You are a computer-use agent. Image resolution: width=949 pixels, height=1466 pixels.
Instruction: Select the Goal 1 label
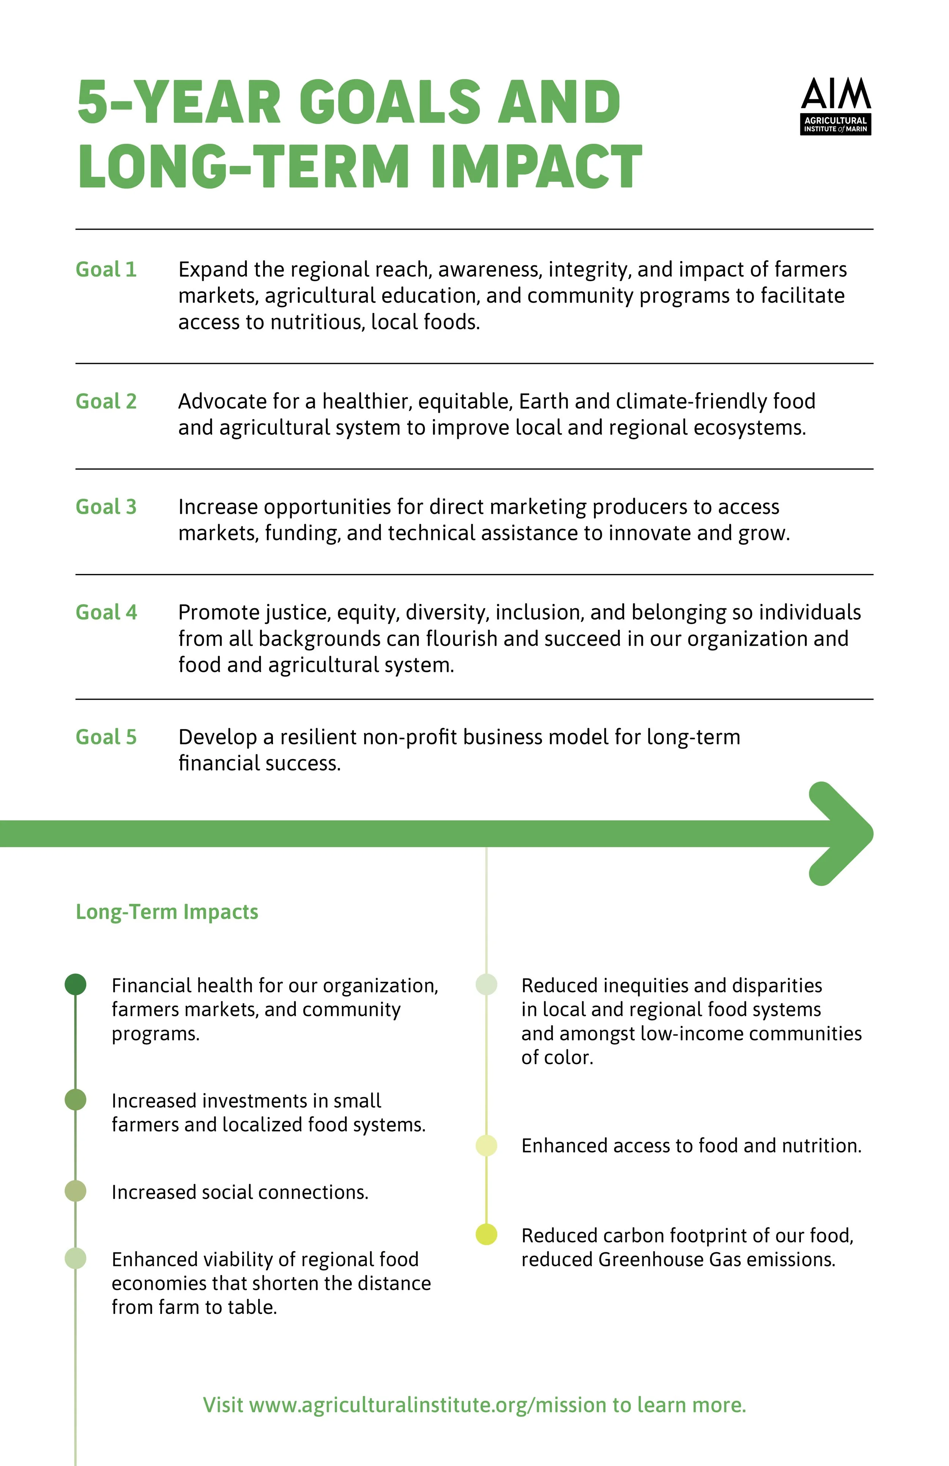[106, 270]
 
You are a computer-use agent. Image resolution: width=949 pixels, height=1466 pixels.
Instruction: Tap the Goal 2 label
[106, 402]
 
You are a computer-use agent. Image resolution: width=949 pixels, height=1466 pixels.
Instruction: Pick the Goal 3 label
[106, 507]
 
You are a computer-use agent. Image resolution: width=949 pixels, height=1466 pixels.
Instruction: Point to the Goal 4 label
[106, 612]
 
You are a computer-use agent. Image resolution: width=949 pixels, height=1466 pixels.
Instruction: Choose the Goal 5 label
[106, 737]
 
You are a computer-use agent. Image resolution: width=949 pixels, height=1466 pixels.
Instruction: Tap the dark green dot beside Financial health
[75, 984]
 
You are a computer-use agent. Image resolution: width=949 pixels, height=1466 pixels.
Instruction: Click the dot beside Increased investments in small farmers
[75, 1100]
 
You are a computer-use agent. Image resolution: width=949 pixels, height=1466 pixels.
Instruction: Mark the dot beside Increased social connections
[75, 1191]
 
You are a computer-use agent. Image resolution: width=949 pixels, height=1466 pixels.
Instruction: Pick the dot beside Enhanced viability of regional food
[75, 1258]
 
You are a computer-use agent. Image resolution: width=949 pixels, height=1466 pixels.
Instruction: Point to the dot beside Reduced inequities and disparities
[486, 984]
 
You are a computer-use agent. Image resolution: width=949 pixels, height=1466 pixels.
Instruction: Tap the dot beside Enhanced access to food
[486, 1146]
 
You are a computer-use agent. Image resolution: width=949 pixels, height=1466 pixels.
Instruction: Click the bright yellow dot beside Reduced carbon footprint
[486, 1235]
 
